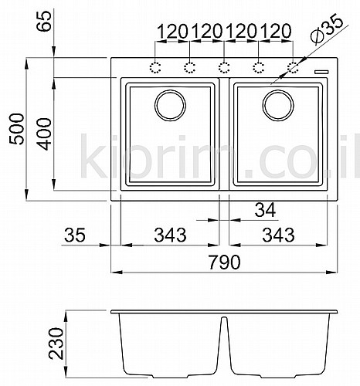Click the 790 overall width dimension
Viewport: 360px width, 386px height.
click(x=224, y=262)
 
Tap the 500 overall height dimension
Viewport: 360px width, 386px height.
click(x=16, y=129)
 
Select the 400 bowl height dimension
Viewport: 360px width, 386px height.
click(x=44, y=134)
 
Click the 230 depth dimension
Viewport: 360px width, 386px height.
click(x=56, y=343)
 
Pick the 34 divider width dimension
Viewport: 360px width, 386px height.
click(x=265, y=210)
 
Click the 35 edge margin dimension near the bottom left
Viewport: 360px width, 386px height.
click(x=75, y=235)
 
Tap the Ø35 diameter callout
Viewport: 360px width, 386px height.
click(x=327, y=29)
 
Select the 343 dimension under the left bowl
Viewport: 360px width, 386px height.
click(x=170, y=235)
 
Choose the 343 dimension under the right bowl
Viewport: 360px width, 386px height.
click(x=278, y=235)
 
